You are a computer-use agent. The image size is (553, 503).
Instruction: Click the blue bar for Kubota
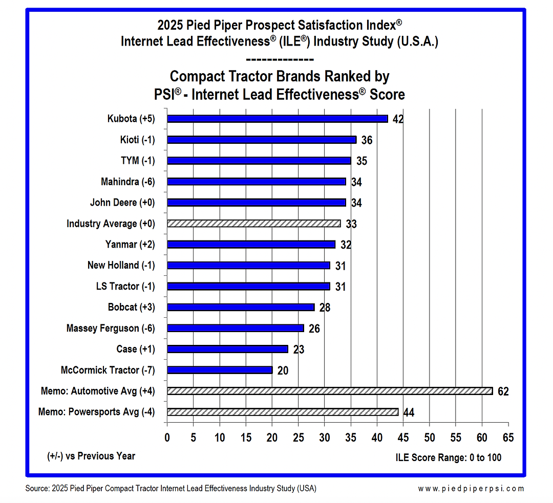click(x=277, y=119)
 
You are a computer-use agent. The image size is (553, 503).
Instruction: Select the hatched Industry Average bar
click(x=253, y=224)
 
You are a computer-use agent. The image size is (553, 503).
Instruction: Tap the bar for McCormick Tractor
click(x=220, y=370)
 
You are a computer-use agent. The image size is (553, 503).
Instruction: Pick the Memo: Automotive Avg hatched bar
click(x=329, y=391)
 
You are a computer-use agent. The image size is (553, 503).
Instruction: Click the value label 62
click(x=503, y=391)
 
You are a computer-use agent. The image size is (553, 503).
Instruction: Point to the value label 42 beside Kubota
click(x=398, y=119)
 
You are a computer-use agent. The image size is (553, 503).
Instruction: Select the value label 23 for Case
click(x=299, y=349)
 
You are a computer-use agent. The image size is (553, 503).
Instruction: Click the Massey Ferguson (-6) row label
click(x=111, y=328)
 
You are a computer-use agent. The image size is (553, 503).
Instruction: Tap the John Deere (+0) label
click(x=122, y=202)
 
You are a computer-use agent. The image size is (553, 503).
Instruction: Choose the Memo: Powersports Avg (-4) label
click(x=97, y=412)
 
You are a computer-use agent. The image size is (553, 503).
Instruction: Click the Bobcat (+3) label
click(x=131, y=307)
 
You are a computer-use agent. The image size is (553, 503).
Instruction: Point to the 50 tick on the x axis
click(x=429, y=438)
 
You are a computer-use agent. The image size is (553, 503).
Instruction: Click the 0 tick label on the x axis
click(x=167, y=438)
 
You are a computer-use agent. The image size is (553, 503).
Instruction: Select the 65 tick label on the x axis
click(x=508, y=438)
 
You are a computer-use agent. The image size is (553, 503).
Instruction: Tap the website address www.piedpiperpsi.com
click(x=471, y=488)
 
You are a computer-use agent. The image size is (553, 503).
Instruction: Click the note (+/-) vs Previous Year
click(x=91, y=455)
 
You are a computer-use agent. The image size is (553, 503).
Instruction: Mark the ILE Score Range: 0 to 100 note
click(x=449, y=457)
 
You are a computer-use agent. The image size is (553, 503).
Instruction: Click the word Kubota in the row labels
click(x=122, y=119)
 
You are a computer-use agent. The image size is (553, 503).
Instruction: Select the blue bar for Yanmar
click(x=251, y=245)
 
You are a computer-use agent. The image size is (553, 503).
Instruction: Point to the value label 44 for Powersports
click(x=409, y=412)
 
